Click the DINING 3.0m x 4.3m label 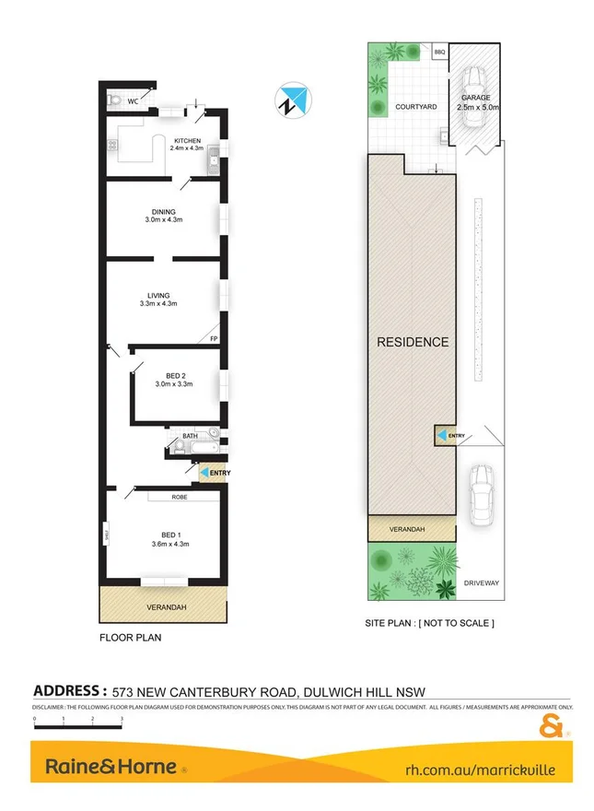point(164,216)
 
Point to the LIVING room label point(157,299)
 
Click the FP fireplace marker point(214,339)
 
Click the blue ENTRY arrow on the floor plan point(204,473)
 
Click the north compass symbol point(293,100)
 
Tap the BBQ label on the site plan point(439,53)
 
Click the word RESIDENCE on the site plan point(413,342)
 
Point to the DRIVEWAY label point(483,582)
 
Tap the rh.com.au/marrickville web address point(481,769)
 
